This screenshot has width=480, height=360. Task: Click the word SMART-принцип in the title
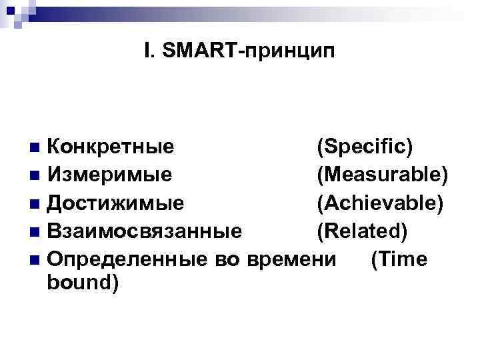point(251,51)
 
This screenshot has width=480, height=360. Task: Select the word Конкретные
point(112,146)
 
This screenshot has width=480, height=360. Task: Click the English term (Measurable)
point(382,175)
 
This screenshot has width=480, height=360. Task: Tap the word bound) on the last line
point(83,283)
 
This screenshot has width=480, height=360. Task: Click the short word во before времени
point(233,259)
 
